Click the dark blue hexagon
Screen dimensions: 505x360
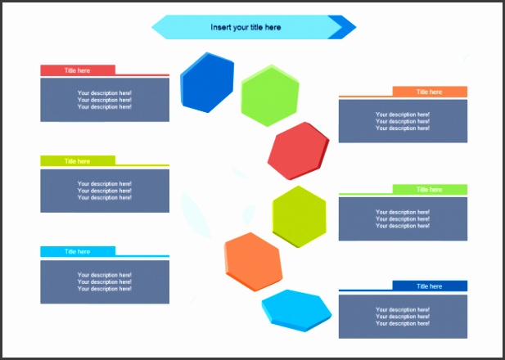207,83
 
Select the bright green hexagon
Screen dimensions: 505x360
270,96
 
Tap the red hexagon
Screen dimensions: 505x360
298,151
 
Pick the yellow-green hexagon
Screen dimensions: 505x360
300,217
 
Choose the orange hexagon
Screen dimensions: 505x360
254,262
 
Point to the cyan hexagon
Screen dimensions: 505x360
296,310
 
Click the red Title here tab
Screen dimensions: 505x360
78,70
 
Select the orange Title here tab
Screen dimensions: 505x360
430,92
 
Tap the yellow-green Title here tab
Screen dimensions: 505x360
78,161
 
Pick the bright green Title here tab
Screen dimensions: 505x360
430,189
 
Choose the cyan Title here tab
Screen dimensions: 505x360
78,251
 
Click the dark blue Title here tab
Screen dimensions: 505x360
430,286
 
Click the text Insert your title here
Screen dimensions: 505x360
246,27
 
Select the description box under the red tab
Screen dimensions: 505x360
105,100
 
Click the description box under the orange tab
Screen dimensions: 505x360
403,121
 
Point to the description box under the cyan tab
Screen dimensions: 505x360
105,281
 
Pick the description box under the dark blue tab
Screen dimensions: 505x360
403,317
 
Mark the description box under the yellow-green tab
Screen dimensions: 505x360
105,191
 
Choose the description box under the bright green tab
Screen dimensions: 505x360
403,219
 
